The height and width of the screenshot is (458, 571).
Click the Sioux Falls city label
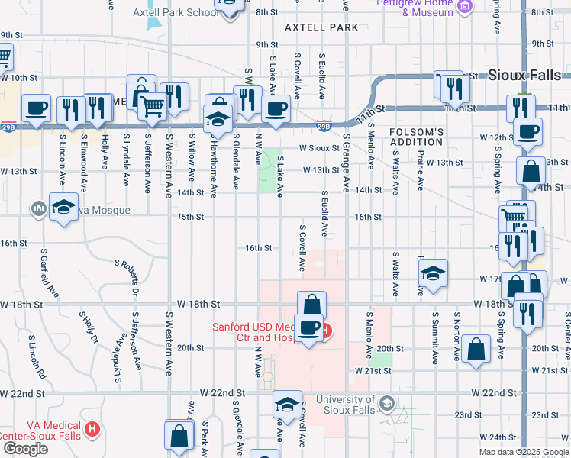[524, 75]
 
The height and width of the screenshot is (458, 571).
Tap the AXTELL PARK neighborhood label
[321, 27]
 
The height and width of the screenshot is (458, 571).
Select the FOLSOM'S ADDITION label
[416, 137]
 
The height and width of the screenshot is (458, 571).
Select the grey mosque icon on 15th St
[38, 208]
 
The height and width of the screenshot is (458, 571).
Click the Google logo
[24, 449]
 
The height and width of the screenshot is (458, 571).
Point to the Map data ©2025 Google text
[523, 452]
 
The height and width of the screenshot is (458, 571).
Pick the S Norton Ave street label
[456, 335]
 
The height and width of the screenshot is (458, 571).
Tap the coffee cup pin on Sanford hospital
[308, 329]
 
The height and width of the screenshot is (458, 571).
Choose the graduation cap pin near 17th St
[433, 273]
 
